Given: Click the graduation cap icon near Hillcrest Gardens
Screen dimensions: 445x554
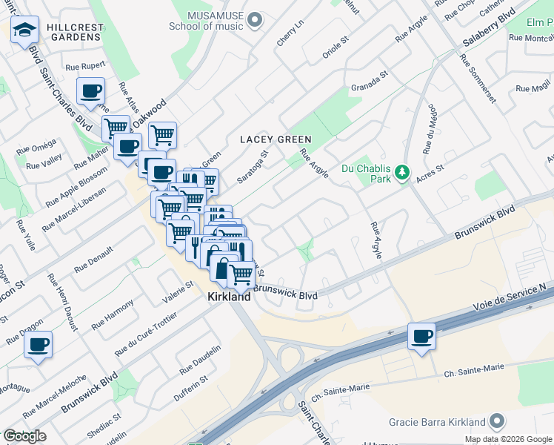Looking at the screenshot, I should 24,30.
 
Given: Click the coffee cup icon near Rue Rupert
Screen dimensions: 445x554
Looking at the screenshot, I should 90,91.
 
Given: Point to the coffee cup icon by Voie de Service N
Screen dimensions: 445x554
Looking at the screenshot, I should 421,336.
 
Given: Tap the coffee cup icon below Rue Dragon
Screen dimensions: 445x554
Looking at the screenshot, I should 38,344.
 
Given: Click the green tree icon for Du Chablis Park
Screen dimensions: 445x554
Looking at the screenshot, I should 402,173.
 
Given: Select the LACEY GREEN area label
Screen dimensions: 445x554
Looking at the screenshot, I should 275,139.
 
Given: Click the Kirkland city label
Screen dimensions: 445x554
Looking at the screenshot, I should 228,296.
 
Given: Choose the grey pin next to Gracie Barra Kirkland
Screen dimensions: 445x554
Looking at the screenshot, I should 496,421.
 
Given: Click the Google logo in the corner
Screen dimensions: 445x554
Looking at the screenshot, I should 24,436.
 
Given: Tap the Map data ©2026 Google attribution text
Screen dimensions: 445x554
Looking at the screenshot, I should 507,438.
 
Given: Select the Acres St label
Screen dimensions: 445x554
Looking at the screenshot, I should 430,173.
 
